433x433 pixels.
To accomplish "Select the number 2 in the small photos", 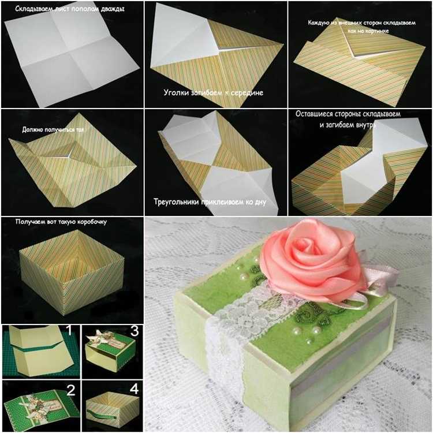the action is coord(71,390).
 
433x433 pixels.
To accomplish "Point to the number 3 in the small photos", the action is coord(134,331).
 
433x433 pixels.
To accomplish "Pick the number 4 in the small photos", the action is coord(134,389).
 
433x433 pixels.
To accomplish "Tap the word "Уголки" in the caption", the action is coord(176,92).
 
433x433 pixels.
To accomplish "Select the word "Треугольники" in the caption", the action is coord(176,202).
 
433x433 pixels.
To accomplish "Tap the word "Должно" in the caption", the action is coord(31,129).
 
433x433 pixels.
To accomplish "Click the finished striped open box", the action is coord(71,272).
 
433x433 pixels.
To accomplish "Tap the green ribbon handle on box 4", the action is coord(102,414).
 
